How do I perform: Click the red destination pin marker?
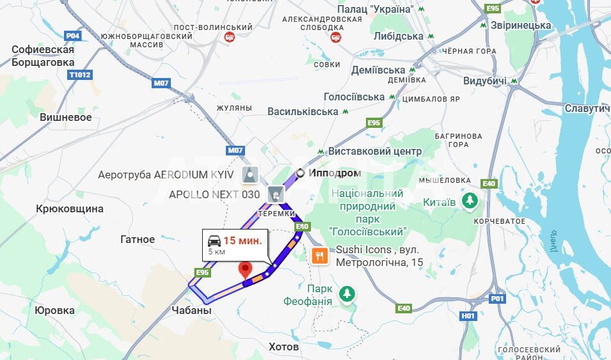point(245,270)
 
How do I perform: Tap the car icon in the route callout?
point(214,240)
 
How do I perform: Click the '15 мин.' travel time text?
point(242,240)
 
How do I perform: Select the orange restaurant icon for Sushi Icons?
point(320,256)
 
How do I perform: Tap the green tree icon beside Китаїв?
point(470,201)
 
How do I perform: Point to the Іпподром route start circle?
point(300,173)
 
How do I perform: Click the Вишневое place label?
point(66,117)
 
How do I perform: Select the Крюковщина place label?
point(70,208)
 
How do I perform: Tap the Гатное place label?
point(138,239)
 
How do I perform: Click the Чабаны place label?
point(191,310)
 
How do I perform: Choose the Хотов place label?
point(283,347)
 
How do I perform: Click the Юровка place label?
point(54,310)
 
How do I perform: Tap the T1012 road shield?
point(80,75)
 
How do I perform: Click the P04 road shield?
point(73,36)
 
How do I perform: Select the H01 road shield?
point(468,316)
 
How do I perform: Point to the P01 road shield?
point(497,298)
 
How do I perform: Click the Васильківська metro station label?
point(303,111)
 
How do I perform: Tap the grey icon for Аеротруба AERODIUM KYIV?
point(251,173)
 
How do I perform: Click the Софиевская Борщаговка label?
point(43,56)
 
